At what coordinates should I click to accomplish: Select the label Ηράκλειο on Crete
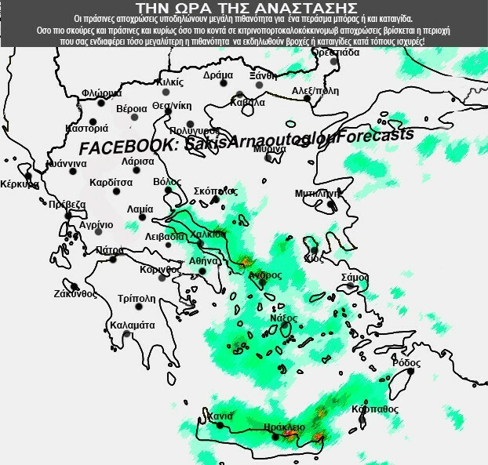tap(284, 427)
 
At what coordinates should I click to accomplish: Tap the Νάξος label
tap(283, 318)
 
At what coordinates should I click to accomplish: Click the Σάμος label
tap(355, 277)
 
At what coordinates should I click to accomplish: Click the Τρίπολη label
tap(136, 299)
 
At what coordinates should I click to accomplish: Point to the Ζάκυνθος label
tap(75, 294)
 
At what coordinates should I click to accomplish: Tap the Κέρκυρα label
tap(20, 185)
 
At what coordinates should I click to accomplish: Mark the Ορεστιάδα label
tap(335, 52)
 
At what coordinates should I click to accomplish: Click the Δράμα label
tap(218, 75)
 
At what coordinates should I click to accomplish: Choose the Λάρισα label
tap(138, 161)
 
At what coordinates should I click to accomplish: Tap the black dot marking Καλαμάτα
tap(126, 335)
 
